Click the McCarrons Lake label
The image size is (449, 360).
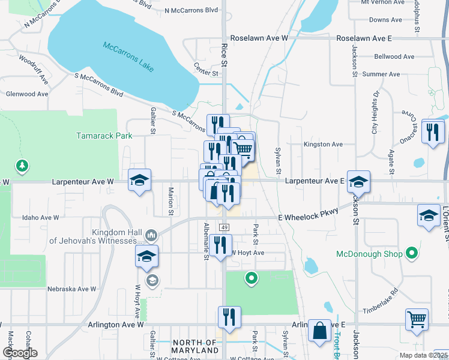pos(128,56)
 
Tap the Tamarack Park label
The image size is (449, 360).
pos(104,136)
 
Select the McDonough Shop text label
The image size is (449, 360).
pos(369,254)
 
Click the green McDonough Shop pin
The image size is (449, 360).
pos(411,254)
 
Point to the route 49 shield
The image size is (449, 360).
pos(223,227)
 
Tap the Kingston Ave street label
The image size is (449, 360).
pos(323,145)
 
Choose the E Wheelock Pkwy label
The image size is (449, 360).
pos(305,217)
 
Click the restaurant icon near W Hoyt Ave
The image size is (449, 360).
pos(221,245)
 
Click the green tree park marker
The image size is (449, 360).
pos(22,165)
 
